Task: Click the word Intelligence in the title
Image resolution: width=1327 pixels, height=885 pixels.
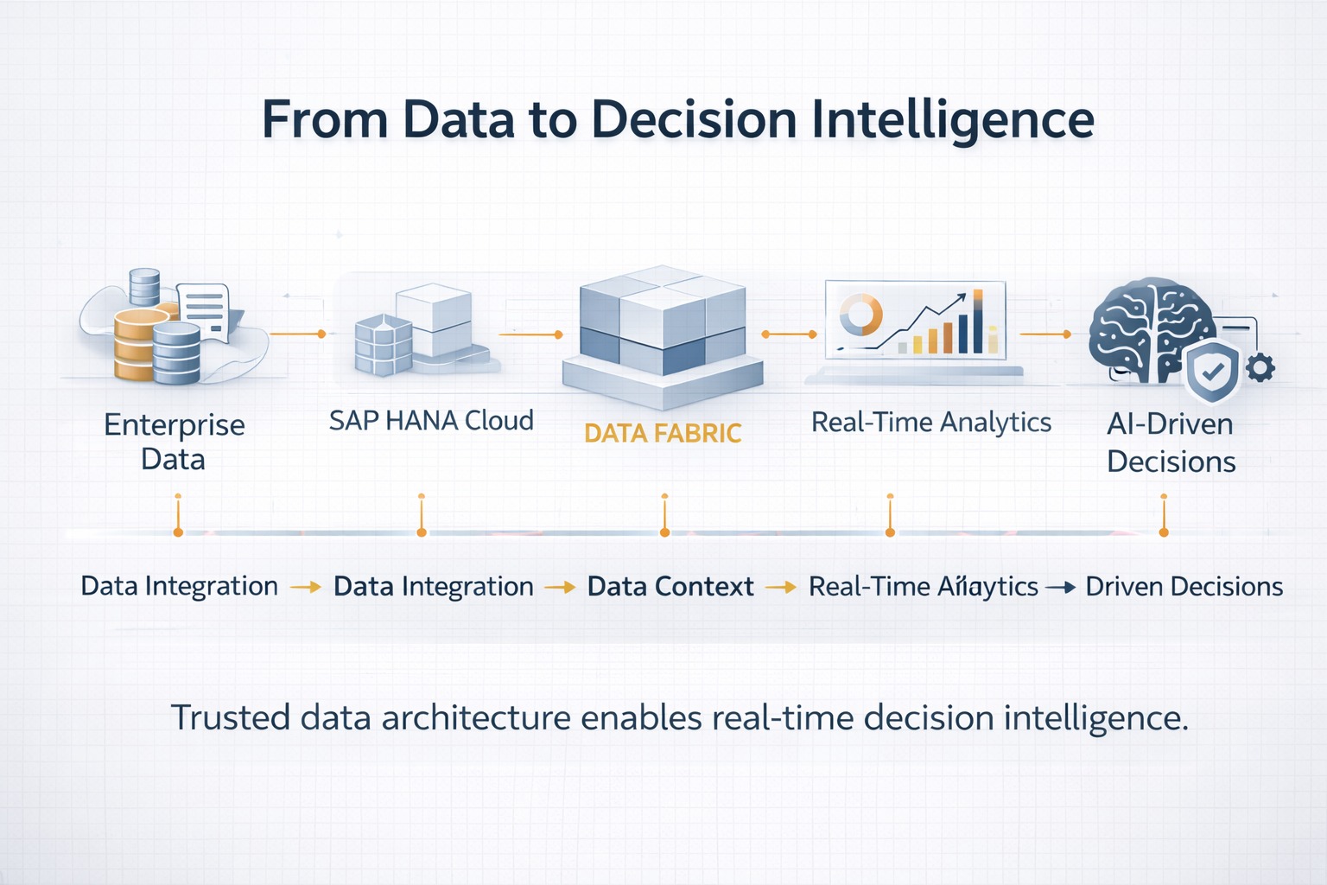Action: pos(952,120)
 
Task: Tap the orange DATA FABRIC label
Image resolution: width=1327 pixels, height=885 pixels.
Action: pos(663,433)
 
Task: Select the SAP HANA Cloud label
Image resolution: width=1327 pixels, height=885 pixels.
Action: pos(431,421)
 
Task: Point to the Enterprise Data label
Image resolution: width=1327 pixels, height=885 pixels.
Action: pos(174,442)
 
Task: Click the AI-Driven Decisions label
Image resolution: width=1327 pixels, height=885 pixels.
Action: pos(1171,442)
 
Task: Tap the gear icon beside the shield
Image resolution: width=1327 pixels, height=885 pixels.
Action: pos(1260,367)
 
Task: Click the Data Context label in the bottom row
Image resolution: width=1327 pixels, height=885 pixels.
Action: pos(670,587)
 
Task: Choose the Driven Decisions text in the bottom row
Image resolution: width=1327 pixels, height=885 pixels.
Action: pos(1184,587)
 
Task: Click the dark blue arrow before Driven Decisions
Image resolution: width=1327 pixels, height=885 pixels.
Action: pos(1061,588)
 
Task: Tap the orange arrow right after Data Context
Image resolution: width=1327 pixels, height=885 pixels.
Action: pos(780,588)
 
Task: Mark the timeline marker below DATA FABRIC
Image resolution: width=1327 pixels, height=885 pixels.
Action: pos(664,532)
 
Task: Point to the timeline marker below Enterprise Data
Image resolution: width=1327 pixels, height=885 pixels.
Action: pos(178,532)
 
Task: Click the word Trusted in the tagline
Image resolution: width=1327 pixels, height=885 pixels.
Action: pos(230,718)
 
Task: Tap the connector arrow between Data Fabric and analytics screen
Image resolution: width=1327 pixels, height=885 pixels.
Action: pos(789,334)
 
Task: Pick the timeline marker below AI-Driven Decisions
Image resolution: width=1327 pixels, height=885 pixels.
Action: pos(1164,532)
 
